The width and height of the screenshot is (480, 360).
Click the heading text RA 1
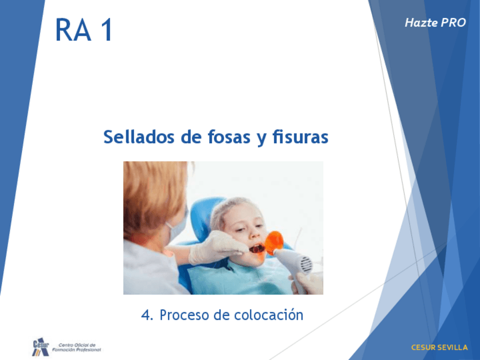(84, 29)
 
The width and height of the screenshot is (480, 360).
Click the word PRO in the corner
(453, 23)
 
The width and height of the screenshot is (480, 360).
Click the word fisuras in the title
(301, 136)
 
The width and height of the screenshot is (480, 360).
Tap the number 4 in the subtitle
(147, 315)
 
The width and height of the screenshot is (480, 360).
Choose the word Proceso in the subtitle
(185, 315)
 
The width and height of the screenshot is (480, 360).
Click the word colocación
(268, 315)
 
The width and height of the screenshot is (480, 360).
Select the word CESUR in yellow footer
(423, 348)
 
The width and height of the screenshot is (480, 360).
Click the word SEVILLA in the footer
(453, 348)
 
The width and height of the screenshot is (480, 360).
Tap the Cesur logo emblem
(40, 347)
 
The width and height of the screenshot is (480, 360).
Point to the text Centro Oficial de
(77, 345)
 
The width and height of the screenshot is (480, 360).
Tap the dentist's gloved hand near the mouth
(217, 248)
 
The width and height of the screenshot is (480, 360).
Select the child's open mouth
(256, 248)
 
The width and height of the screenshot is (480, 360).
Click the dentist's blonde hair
(153, 196)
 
